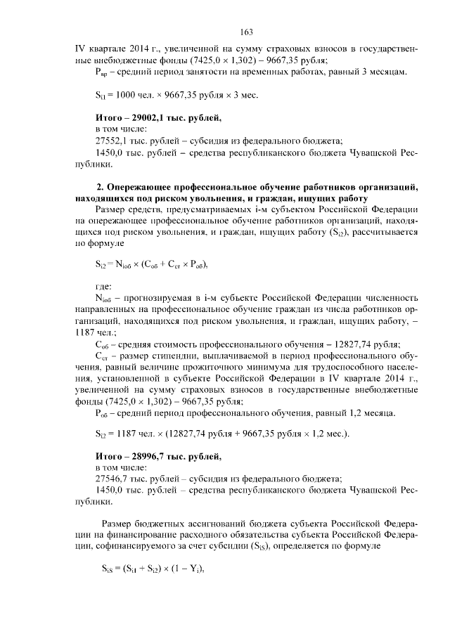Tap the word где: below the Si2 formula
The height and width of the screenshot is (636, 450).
[103, 287]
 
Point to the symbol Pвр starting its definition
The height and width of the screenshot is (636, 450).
[101, 72]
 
